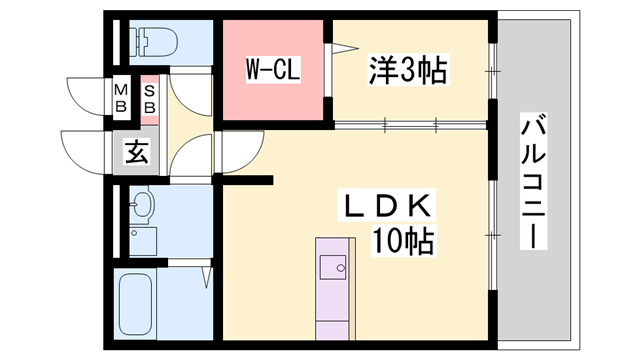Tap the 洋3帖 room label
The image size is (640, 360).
coord(409,71)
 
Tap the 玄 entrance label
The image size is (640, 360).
coord(136,153)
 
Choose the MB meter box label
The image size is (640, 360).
coord(120,98)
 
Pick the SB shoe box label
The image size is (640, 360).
coord(150,98)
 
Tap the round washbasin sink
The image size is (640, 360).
coord(143,207)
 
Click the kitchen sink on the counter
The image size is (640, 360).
coord(334,266)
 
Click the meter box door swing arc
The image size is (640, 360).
coord(88,92)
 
